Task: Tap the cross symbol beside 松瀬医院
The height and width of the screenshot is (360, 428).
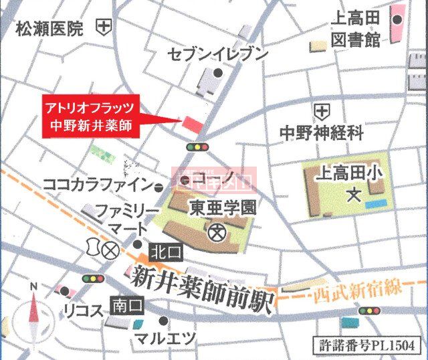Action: click(104, 27)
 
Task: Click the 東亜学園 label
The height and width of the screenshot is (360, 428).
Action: click(222, 208)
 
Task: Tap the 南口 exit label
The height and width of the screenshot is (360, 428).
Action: click(127, 306)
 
